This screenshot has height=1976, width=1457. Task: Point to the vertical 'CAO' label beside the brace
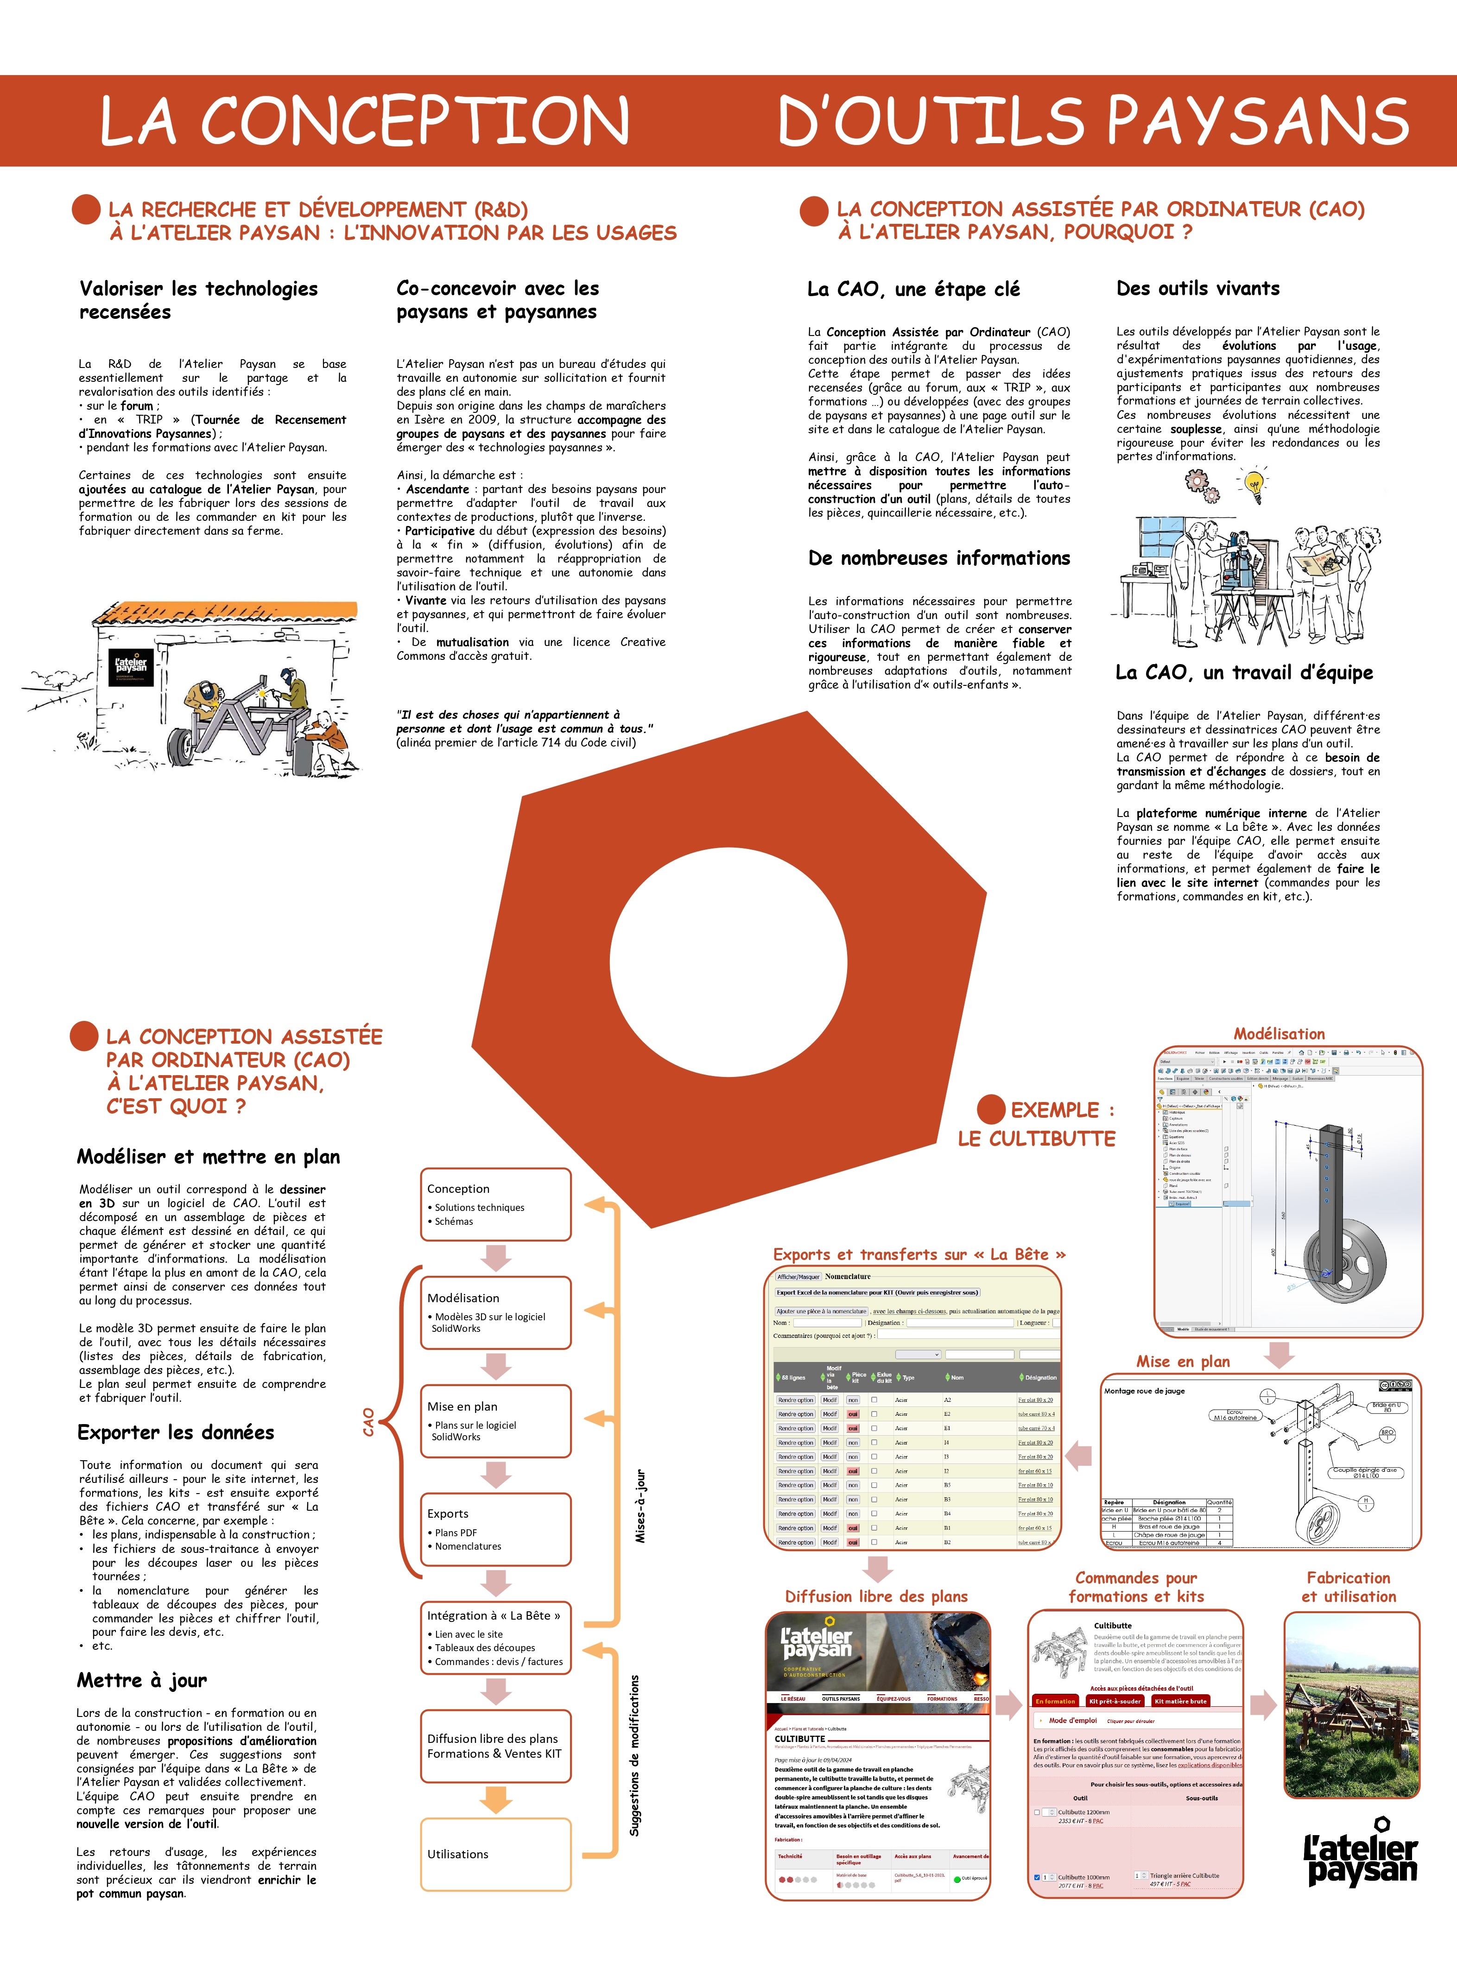[369, 1421]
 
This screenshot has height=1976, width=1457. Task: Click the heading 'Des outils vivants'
[1197, 288]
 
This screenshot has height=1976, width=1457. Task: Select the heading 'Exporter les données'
[176, 1432]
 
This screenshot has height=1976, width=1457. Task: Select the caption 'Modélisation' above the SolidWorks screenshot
[1279, 1033]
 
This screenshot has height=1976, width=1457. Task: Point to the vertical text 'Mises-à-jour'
[641, 1506]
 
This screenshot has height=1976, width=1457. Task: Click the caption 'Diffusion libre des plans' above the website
[876, 1596]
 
